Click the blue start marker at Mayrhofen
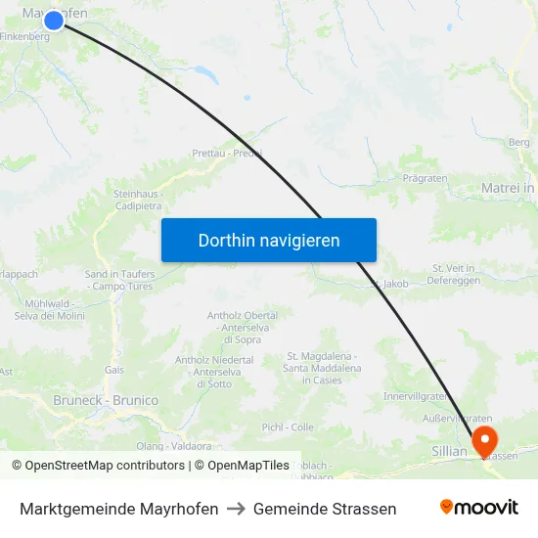(x=54, y=19)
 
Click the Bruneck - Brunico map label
(x=106, y=400)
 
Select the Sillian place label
(x=450, y=451)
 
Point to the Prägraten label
(x=425, y=178)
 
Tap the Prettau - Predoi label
(x=227, y=154)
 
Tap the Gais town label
(x=114, y=370)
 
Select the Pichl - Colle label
(x=288, y=427)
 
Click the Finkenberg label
(x=26, y=36)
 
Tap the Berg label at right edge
(x=519, y=143)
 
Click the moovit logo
(x=479, y=508)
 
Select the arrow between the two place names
(x=236, y=509)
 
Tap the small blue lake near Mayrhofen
(x=205, y=72)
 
